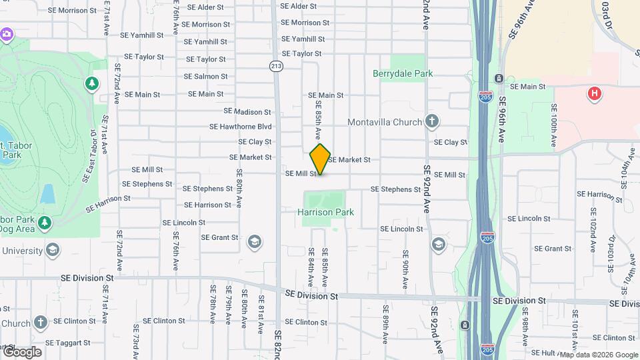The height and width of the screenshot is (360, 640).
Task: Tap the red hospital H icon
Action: pyautogui.click(x=593, y=93)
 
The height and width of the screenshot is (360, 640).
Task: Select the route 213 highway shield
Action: pyautogui.click(x=277, y=65)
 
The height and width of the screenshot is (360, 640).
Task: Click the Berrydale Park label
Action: pyautogui.click(x=403, y=74)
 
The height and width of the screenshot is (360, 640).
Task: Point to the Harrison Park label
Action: pyautogui.click(x=325, y=212)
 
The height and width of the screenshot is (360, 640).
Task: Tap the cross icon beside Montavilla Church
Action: pyautogui.click(x=432, y=121)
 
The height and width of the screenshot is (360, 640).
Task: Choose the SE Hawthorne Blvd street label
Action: pyautogui.click(x=241, y=126)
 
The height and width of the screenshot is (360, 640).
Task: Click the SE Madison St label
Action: pyautogui.click(x=247, y=111)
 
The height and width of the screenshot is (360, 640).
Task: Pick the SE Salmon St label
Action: pyautogui.click(x=206, y=77)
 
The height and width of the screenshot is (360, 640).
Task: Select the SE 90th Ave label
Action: pyautogui.click(x=405, y=264)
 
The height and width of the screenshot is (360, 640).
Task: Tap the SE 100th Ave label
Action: pyautogui.click(x=553, y=129)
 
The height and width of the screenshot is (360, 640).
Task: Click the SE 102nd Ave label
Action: pyautogui.click(x=592, y=229)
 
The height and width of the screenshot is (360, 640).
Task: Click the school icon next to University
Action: pyautogui.click(x=53, y=251)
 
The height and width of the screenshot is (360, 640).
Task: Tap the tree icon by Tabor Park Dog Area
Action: pyautogui.click(x=45, y=221)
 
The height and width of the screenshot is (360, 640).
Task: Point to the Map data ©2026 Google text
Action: pyautogui.click(x=599, y=355)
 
